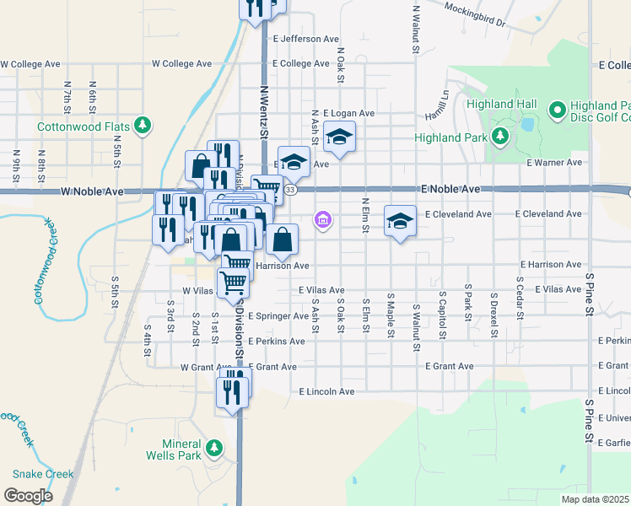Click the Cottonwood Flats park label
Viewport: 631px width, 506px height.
83,126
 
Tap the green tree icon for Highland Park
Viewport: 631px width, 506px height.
500,136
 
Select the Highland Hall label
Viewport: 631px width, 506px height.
506,104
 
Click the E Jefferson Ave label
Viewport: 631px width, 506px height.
305,39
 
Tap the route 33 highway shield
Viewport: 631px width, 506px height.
290,191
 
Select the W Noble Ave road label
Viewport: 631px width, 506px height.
93,192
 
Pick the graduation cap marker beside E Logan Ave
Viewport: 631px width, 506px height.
339,137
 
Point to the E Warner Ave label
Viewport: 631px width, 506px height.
553,163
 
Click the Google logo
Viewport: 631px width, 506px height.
28,496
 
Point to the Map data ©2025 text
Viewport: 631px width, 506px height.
595,499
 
